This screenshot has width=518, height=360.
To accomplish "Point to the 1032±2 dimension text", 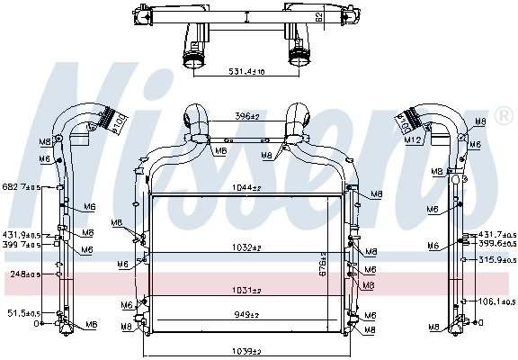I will [x=246, y=247].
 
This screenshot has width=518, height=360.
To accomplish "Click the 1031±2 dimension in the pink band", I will [x=246, y=290].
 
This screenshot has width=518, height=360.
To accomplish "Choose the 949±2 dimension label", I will [x=246, y=316].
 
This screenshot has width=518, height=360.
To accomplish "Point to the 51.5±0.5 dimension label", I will [x=24, y=313].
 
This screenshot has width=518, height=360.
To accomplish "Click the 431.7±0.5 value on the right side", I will [x=496, y=234].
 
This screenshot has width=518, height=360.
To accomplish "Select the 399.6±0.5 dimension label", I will [x=496, y=243].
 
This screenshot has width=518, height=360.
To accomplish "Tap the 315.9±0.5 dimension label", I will [x=496, y=260].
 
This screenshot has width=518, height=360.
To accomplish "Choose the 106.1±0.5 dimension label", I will [x=496, y=301].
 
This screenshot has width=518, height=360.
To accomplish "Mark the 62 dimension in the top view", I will [x=321, y=16].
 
